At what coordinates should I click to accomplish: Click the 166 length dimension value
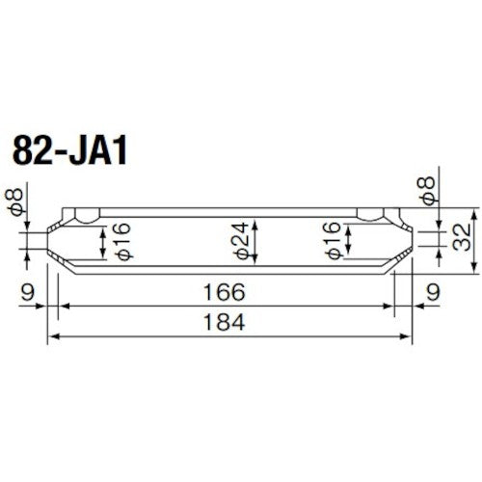225,290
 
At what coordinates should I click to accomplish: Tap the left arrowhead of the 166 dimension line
64,305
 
